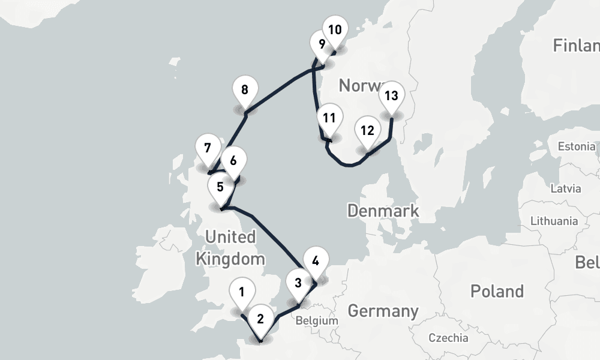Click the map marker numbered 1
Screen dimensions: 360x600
tap(241, 293)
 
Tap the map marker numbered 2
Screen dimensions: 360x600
tap(260, 319)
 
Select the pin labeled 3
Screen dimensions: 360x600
tap(298, 283)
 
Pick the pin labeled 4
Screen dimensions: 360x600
tap(316, 261)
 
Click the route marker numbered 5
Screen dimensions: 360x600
tap(220, 187)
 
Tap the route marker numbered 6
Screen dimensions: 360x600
tap(233, 161)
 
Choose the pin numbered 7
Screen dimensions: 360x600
tap(208, 148)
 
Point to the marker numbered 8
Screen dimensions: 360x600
tap(245, 91)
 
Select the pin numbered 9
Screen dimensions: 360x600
tap(322, 44)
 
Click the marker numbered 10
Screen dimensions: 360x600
tap(335, 29)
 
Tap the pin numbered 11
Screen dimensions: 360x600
tap(328, 118)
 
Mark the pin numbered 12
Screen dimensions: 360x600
tap(367, 131)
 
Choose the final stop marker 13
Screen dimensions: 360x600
tap(391, 95)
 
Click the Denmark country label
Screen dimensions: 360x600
tap(383, 211)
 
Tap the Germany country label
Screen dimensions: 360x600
tap(383, 311)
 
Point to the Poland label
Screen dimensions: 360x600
tap(497, 292)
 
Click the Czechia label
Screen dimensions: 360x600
tap(449, 338)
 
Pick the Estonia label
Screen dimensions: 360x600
tap(577, 147)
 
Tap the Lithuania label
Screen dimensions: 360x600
tap(554, 221)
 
